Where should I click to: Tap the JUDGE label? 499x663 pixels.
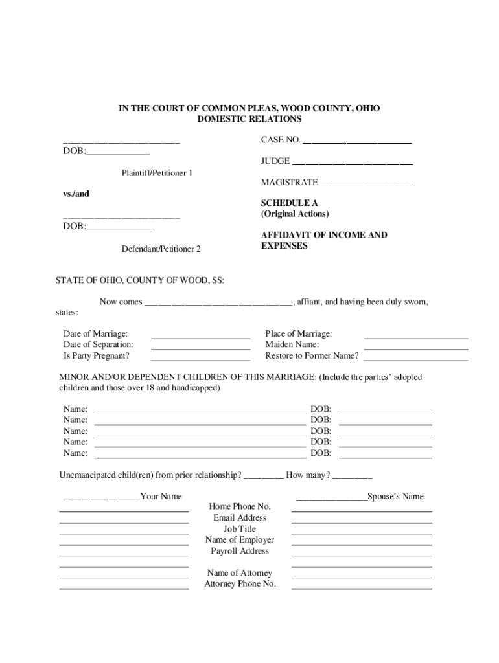click(275, 161)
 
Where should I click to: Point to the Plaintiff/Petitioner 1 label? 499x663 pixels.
click(157, 173)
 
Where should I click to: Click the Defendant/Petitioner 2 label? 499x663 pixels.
click(161, 249)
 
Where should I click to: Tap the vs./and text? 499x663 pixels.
click(72, 194)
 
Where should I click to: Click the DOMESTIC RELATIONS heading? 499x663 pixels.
click(249, 119)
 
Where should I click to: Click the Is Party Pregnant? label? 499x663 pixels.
click(96, 355)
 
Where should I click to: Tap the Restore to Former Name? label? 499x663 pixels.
click(312, 355)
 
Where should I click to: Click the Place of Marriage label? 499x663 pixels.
click(298, 333)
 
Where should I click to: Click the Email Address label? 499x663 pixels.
click(240, 517)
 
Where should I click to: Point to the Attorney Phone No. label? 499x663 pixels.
click(240, 583)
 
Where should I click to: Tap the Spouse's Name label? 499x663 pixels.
click(395, 496)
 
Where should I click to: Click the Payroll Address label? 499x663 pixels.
click(240, 551)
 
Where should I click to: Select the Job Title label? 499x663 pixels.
click(240, 528)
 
